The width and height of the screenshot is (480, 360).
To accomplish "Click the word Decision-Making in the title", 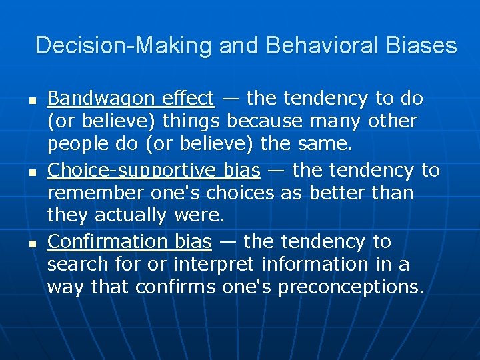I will pyautogui.click(x=124, y=45).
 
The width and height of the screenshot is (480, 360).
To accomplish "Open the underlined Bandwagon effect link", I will pyautogui.click(x=131, y=99).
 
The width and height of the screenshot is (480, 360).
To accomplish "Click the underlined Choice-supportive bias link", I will pyautogui.click(x=153, y=171).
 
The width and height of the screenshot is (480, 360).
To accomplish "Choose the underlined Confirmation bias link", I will pyautogui.click(x=129, y=241).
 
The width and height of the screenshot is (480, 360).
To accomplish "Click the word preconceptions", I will pyautogui.click(x=351, y=287).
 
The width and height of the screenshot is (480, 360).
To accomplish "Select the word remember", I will pyautogui.click(x=93, y=193).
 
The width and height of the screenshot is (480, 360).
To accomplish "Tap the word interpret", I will pyautogui.click(x=213, y=265).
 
